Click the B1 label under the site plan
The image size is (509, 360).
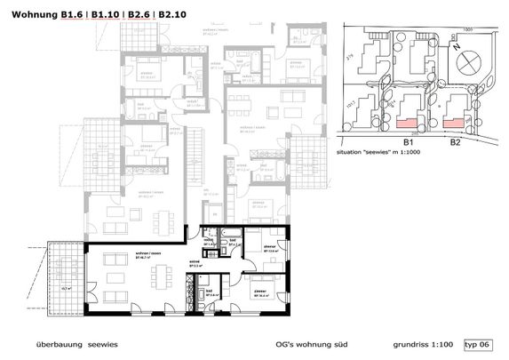point(410,141)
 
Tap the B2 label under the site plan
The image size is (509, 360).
point(454,141)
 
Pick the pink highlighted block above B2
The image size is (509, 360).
point(456,119)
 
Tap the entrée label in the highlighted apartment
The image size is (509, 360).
point(194,261)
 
